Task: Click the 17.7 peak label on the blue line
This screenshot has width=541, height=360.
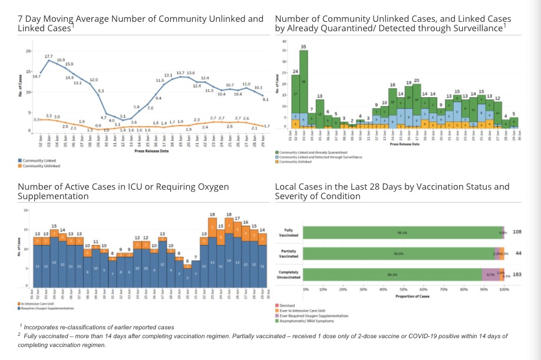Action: pos(48,56)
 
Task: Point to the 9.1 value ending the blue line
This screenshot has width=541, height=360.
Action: pos(265,100)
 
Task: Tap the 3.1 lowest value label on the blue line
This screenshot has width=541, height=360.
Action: pos(123,116)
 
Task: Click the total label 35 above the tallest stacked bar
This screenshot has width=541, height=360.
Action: pos(303,46)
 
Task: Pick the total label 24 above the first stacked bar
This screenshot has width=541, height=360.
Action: pos(295,72)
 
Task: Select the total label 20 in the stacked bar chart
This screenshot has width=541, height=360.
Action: pos(417,80)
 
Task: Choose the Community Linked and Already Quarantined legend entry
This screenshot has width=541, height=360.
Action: pos(312,152)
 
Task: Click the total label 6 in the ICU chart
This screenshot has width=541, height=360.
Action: pos(187,260)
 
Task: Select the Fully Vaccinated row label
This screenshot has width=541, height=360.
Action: pos(289,233)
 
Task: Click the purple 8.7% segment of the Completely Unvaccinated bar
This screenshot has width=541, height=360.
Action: pos(490,275)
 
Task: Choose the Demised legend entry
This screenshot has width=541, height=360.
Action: pos(287,305)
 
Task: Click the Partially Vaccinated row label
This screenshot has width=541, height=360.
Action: pos(289,253)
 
